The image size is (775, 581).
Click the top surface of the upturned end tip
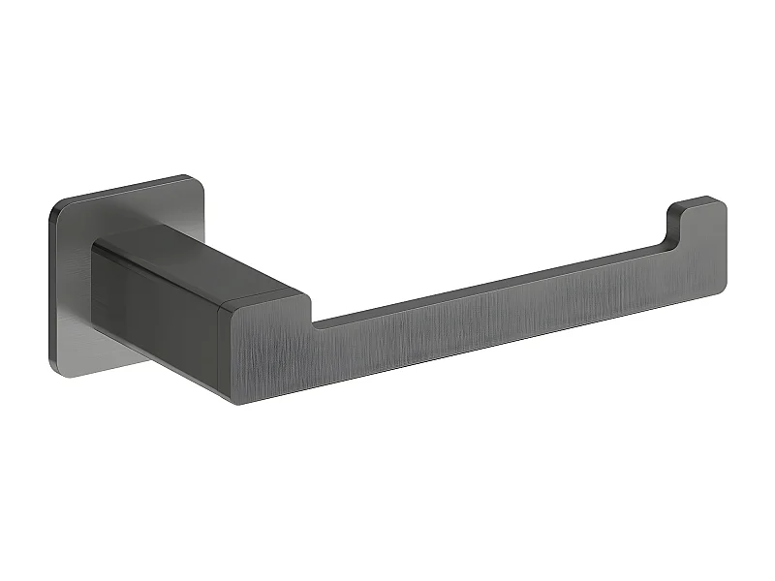click(696, 202)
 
